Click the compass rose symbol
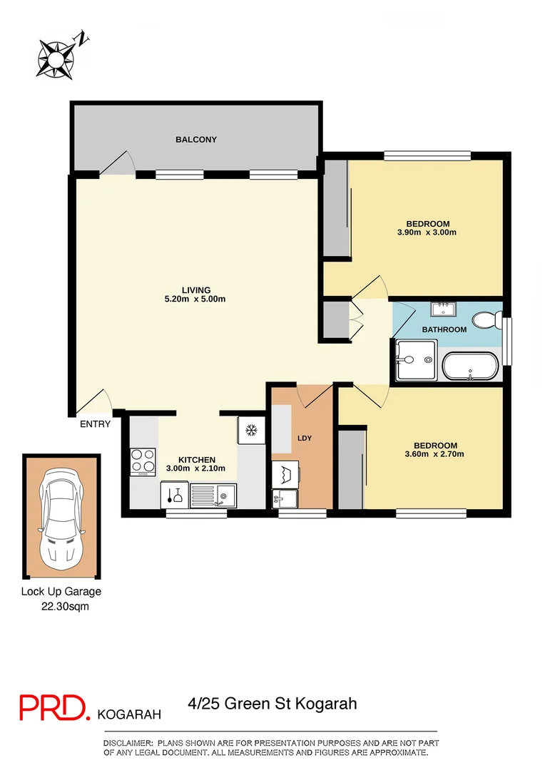56,55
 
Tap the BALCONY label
196,140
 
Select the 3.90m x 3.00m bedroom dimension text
427,232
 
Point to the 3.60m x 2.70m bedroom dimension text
434,454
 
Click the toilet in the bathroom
490,319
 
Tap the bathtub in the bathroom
472,366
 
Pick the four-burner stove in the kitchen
143,461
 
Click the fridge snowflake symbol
250,430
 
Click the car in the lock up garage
61,517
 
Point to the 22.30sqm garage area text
64,607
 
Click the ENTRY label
95,424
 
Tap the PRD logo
54,707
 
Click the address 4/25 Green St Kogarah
272,704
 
